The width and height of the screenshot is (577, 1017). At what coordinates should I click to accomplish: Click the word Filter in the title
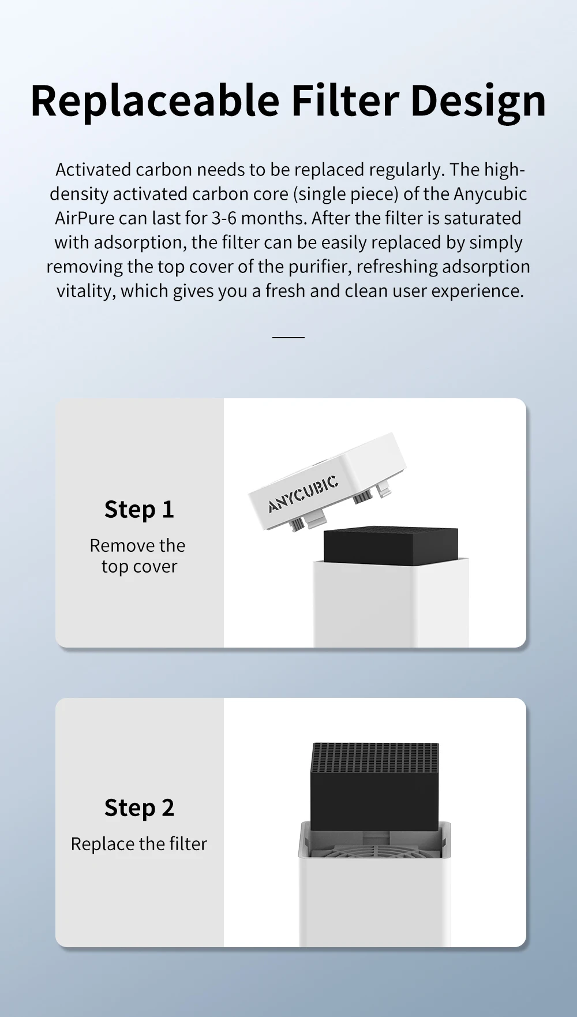(345, 101)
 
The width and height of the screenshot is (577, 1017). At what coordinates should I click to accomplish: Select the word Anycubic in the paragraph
(490, 195)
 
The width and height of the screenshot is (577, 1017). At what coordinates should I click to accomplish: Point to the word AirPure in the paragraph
(85, 218)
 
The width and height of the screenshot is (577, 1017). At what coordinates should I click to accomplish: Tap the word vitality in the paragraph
(86, 291)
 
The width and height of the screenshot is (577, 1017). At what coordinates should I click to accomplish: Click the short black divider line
(288, 337)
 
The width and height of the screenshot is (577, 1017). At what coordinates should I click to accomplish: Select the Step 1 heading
(139, 510)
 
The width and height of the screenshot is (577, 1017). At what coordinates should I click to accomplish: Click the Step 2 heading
(139, 808)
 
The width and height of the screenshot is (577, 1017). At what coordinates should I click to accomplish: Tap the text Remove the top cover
(138, 556)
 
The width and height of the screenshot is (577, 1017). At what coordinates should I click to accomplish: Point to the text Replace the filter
(138, 844)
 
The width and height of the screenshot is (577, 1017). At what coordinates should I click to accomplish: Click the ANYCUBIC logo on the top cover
(304, 494)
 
